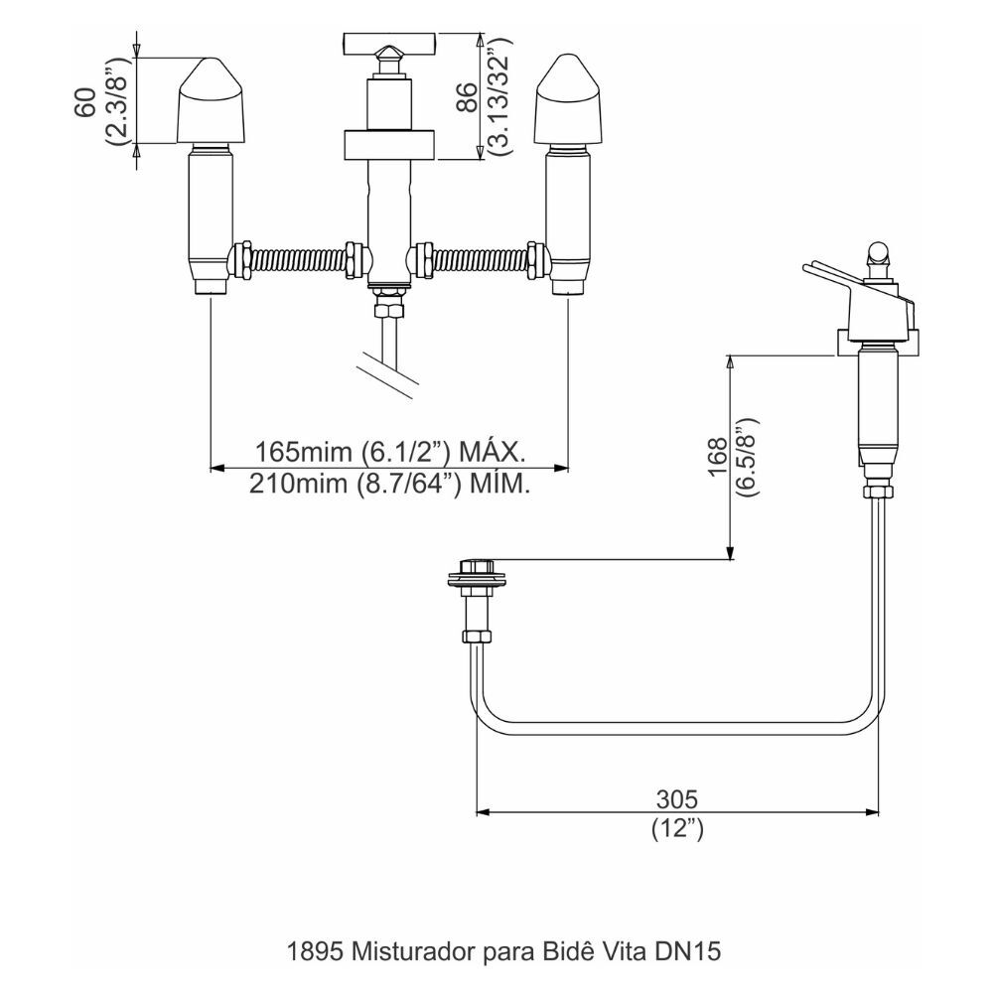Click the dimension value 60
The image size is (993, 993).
click(x=87, y=100)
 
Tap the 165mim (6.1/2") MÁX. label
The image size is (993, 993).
click(x=389, y=452)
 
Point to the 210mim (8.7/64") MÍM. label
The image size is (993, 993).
click(x=389, y=484)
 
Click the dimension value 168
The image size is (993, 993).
click(x=717, y=458)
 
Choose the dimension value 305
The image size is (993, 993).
click(x=678, y=798)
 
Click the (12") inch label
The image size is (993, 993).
click(x=678, y=829)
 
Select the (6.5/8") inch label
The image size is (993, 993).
click(x=747, y=458)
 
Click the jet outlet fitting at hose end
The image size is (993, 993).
click(x=477, y=581)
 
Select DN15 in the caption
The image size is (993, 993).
click(x=687, y=951)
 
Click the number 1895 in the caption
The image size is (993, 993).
click(x=309, y=951)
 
